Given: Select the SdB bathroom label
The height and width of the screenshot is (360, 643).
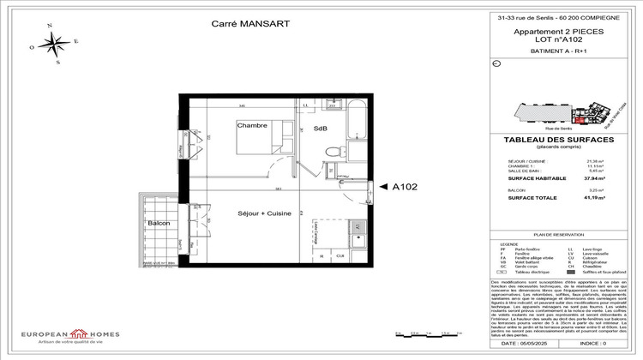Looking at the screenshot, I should (x=321, y=129).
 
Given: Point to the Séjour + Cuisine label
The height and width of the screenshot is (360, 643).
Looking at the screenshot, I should (x=265, y=213).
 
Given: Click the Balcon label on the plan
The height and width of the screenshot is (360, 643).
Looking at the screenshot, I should (x=159, y=223).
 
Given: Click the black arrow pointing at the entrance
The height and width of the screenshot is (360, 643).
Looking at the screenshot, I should (x=371, y=184).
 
